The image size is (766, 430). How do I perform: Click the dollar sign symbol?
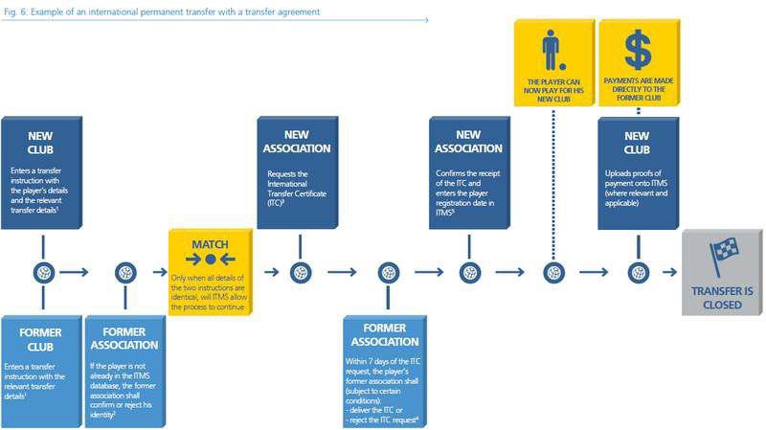(638, 49)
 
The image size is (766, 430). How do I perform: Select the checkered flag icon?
(723, 256)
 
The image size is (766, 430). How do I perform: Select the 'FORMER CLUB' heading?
(42, 340)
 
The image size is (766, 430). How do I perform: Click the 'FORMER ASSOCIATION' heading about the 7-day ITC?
(386, 333)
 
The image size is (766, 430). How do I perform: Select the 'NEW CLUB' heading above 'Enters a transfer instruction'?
(42, 142)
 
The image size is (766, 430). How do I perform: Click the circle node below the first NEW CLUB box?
(42, 272)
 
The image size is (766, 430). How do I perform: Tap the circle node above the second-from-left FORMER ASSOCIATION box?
(125, 272)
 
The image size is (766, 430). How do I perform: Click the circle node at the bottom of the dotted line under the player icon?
(553, 272)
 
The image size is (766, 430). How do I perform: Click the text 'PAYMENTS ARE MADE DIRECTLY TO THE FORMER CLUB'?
(639, 91)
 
